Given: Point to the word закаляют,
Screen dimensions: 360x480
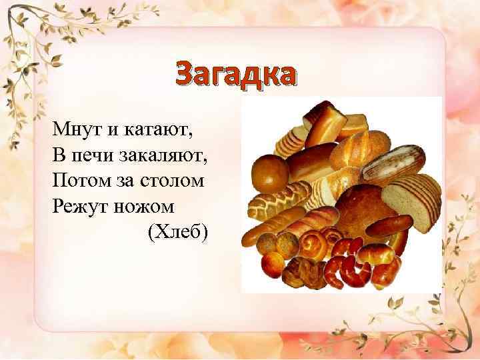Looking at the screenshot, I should (164, 154).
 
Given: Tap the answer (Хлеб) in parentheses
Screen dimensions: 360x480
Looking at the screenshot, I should (177, 231).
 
